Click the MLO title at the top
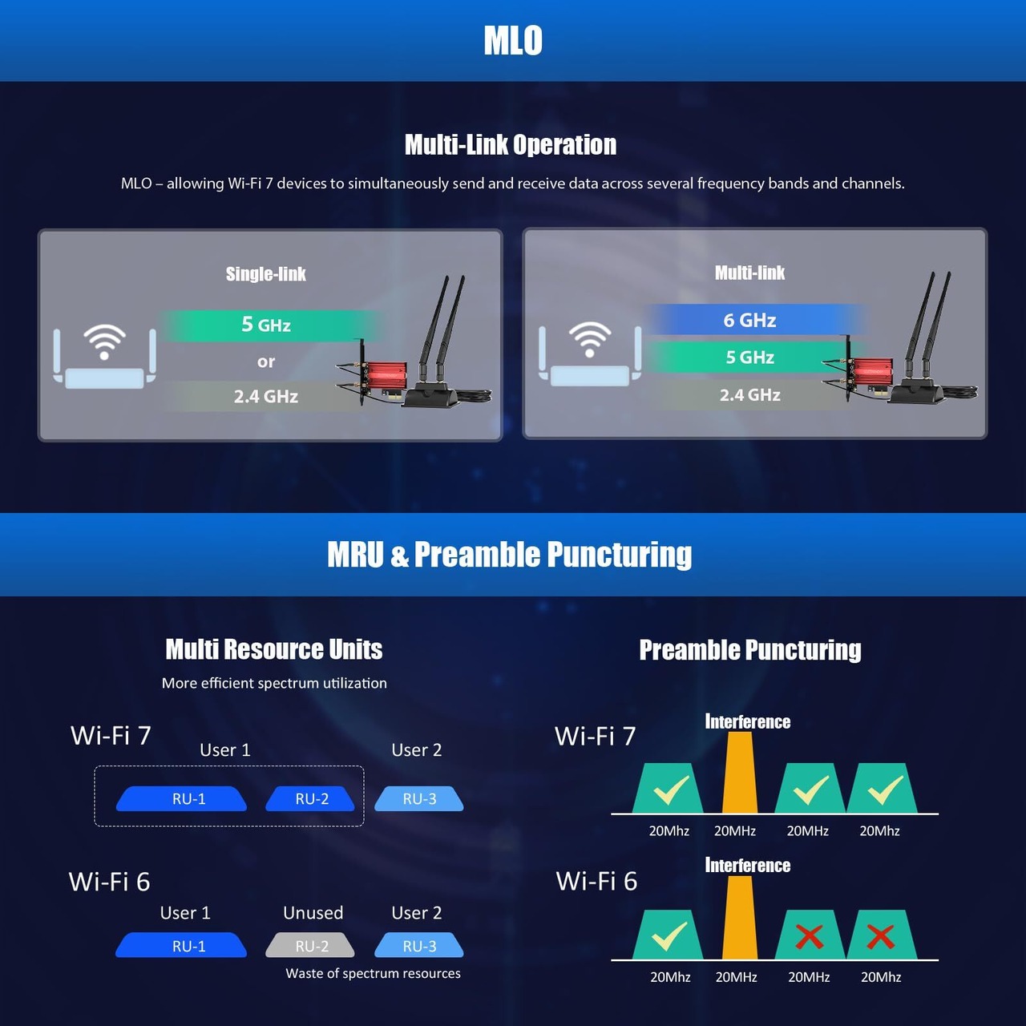513,40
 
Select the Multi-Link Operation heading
511,145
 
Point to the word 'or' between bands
266,362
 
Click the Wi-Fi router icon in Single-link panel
105,356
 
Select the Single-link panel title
265,274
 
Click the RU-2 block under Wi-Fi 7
310,798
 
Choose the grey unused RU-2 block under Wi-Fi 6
310,946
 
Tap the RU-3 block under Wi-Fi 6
419,946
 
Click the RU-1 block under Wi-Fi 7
182,798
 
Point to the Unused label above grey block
313,913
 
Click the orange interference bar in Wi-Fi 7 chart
740,773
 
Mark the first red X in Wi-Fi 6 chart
810,937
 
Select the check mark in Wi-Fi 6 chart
669,935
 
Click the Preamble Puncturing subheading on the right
749,650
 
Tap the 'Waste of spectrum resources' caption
373,973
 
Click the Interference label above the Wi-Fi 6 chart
748,866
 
